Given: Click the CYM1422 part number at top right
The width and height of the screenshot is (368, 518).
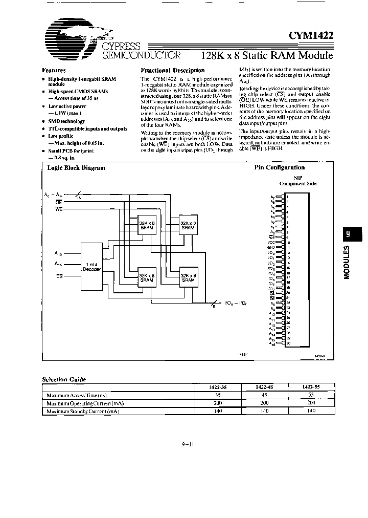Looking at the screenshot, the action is [311, 35].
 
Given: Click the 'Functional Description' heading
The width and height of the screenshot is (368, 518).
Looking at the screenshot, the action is [172, 70].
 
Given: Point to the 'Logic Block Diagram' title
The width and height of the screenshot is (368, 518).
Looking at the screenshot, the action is [76, 167].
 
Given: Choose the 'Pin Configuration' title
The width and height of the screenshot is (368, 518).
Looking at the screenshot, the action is [279, 167].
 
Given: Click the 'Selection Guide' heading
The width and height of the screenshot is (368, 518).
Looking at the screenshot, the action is [64, 379].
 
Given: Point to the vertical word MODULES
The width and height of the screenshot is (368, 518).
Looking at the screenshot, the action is [348, 262].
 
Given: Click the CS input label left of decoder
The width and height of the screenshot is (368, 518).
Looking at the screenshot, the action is [60, 276].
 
